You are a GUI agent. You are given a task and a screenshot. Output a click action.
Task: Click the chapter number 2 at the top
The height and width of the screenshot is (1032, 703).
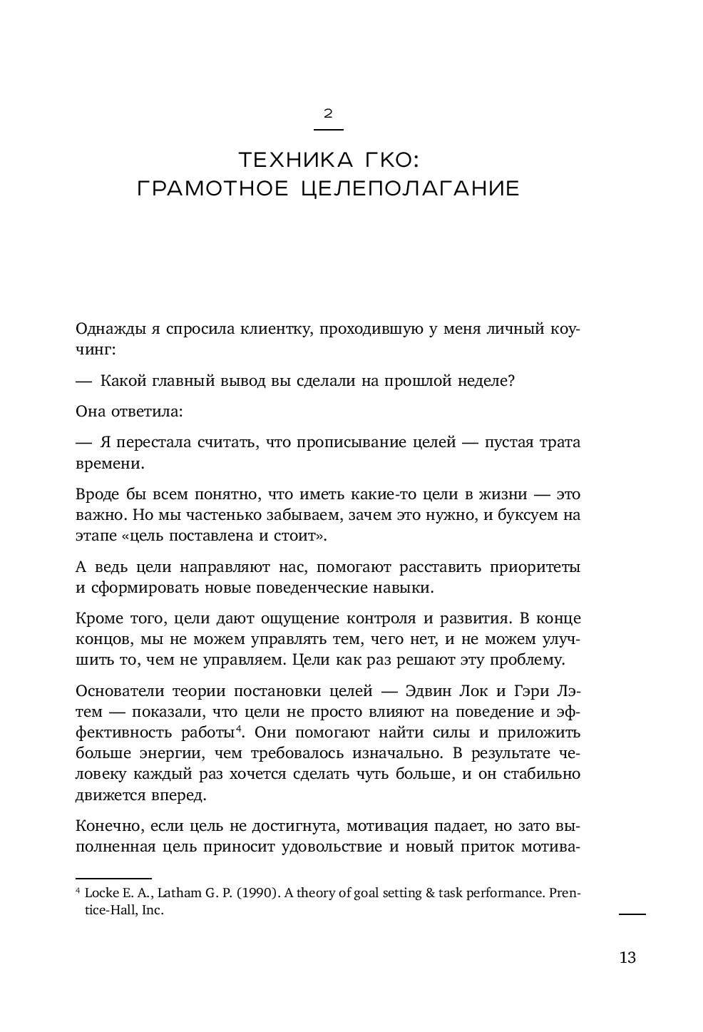329,113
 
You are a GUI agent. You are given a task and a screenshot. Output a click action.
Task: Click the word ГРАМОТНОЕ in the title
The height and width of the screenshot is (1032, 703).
212,189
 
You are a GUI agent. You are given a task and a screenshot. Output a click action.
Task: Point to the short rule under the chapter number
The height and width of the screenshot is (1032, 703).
329,129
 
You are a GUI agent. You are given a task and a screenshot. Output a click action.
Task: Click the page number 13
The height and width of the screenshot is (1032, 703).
627,957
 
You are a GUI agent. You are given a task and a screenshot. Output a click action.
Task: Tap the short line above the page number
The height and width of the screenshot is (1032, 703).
632,913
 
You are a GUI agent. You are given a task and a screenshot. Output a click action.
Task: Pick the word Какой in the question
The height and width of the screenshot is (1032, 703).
123,381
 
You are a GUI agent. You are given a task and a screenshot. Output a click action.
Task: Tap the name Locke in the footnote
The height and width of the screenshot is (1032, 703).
101,894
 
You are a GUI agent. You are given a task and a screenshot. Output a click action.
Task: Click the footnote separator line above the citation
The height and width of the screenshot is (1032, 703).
113,879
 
